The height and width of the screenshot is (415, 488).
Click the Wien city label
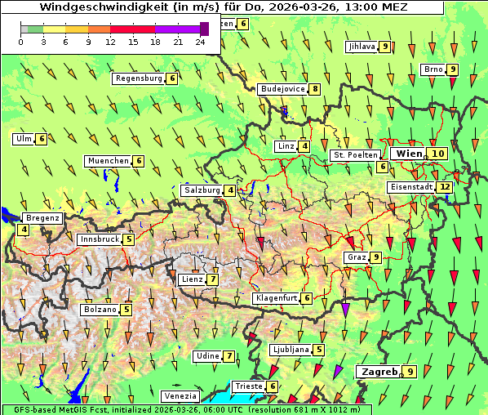point(410,154)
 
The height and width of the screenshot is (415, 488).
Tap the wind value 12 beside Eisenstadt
point(445,187)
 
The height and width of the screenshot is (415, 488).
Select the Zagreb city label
point(378,372)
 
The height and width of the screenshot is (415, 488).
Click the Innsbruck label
point(99,239)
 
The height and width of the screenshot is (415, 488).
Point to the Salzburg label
point(202,190)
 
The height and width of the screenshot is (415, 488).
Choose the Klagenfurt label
point(276,298)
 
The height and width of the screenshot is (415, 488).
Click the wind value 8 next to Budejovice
point(314,89)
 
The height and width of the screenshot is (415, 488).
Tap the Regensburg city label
point(139,78)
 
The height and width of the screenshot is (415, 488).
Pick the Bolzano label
point(100,310)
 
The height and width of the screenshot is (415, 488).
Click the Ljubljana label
point(291,350)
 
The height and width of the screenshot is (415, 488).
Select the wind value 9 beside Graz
point(375,257)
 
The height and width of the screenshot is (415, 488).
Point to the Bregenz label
point(42,218)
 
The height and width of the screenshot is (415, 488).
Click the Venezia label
point(179,396)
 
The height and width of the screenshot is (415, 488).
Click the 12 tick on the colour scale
point(110,42)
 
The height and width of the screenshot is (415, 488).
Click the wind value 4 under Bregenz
point(24,230)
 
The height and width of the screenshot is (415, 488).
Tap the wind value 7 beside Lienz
point(212,279)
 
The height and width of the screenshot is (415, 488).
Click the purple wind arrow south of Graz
point(345,309)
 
